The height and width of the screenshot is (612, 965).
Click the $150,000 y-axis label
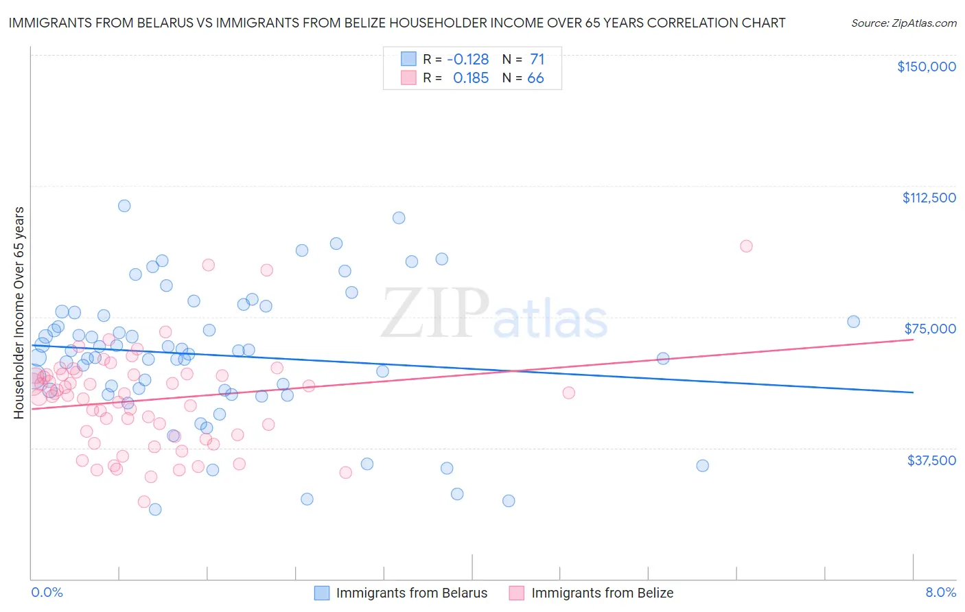pyautogui.click(x=927, y=67)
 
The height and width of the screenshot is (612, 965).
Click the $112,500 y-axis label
pyautogui.click(x=929, y=198)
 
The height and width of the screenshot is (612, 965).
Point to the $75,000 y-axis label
pyautogui.click(x=930, y=329)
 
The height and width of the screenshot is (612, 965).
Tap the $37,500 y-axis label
pyautogui.click(x=931, y=460)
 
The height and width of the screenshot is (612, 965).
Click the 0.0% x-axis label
pyautogui.click(x=47, y=593)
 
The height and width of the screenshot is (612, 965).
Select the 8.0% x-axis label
pyautogui.click(x=940, y=593)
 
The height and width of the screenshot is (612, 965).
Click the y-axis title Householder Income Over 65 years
pyautogui.click(x=19, y=313)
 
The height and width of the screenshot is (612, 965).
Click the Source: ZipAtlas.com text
pyautogui.click(x=904, y=23)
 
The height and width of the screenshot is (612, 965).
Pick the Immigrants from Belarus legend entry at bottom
pyautogui.click(x=401, y=593)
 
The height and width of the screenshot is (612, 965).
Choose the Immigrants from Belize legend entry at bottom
pyautogui.click(x=592, y=593)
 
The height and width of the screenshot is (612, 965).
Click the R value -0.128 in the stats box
pyautogui.click(x=467, y=60)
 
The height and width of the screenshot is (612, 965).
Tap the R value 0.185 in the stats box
pyautogui.click(x=471, y=78)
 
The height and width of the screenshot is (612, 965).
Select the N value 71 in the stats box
pyautogui.click(x=537, y=60)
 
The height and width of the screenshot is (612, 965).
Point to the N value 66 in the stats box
pyautogui.click(x=535, y=78)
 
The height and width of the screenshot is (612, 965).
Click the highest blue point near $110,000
pyautogui.click(x=124, y=206)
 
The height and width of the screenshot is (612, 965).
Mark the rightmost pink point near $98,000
pyautogui.click(x=746, y=246)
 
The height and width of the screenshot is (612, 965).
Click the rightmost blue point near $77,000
pyautogui.click(x=853, y=322)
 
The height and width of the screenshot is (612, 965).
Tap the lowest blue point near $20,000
pyautogui.click(x=155, y=509)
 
